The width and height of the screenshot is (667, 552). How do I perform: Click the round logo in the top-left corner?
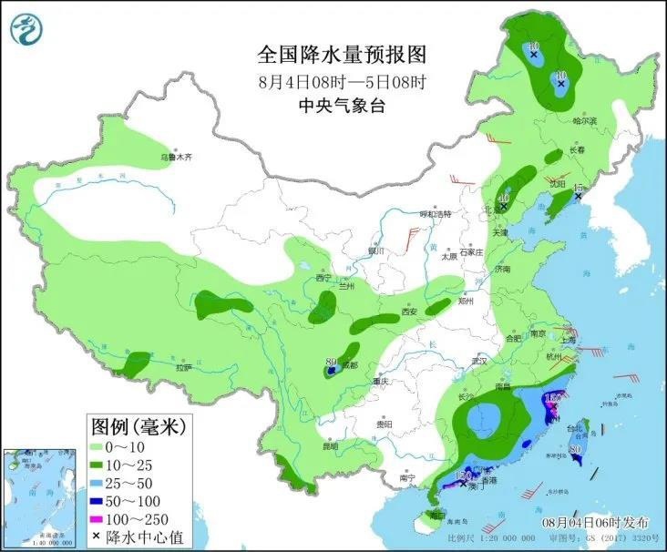point(26,29)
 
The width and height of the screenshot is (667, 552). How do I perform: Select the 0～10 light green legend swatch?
point(97,446)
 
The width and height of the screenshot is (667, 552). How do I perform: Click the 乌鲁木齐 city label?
point(178,157)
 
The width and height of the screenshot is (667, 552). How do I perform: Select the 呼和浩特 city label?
point(436,214)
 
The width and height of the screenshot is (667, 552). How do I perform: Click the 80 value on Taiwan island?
point(575,449)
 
